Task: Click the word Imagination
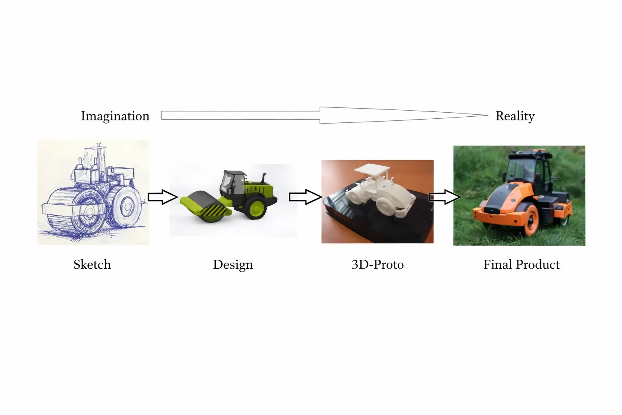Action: [115, 116]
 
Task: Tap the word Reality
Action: [515, 116]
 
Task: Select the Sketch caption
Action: [92, 265]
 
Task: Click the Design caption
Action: [233, 265]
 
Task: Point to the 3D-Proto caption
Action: [377, 265]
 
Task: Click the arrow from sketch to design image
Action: [162, 197]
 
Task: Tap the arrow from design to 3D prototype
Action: [305, 197]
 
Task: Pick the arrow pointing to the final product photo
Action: [445, 197]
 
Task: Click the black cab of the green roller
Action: [233, 184]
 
